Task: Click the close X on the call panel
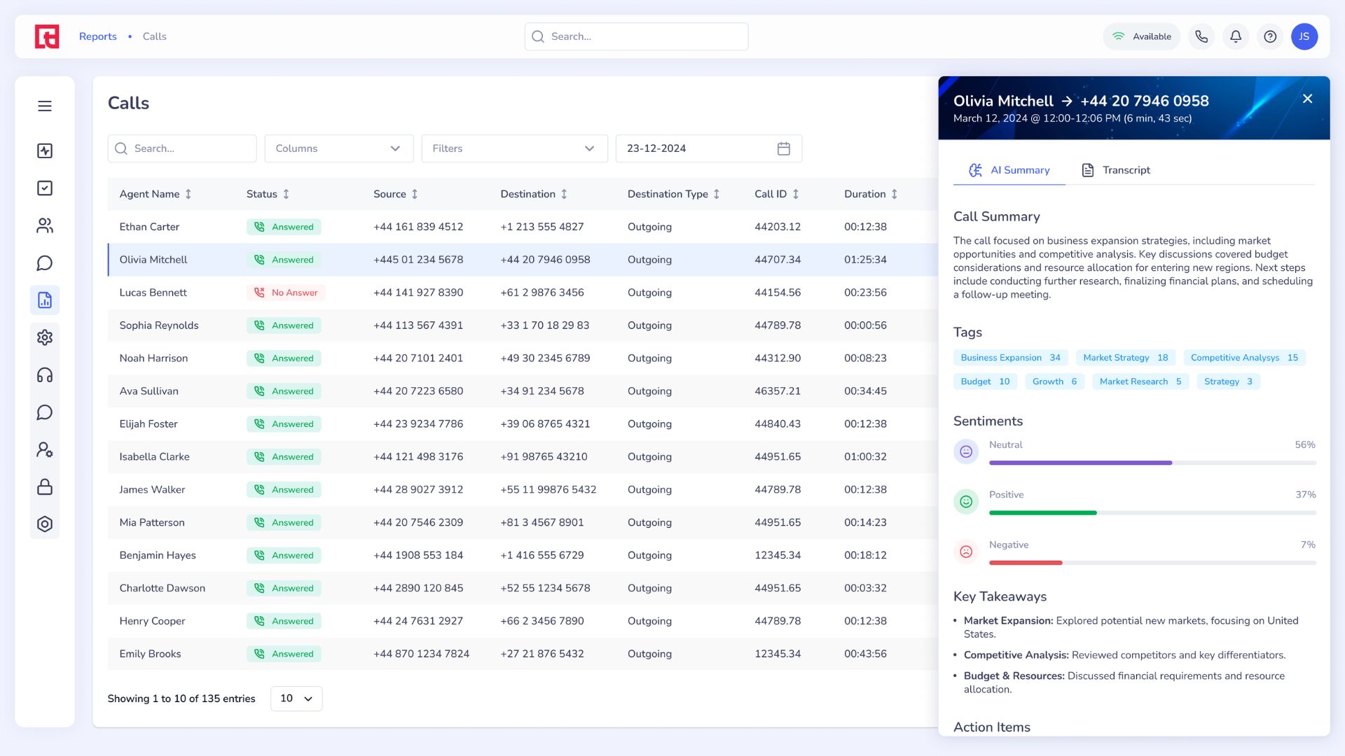coord(1307,99)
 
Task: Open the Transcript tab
coord(1116,170)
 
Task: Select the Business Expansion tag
coord(1009,358)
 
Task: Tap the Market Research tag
coord(1140,381)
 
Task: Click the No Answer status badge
coord(286,293)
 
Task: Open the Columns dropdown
coord(338,148)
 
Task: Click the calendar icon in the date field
coord(783,148)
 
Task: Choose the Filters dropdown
coord(514,148)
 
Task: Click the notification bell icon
coord(1236,36)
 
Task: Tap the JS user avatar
coord(1304,36)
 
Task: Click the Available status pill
coord(1141,36)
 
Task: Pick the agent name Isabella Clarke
coord(154,456)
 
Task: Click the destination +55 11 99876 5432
coord(548,489)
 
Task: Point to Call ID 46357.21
coord(777,391)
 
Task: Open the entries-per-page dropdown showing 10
coord(296,699)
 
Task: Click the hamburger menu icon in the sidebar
coord(45,106)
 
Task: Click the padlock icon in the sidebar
coord(45,486)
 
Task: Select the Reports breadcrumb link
coord(97,36)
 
